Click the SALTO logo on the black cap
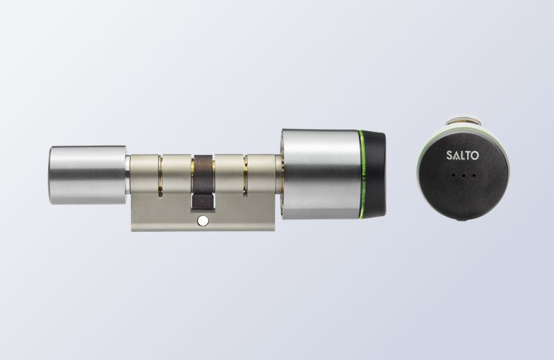463,156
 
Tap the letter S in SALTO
449,156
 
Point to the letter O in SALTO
475,156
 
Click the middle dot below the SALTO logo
463,175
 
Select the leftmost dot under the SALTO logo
453,175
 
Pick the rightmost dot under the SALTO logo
473,175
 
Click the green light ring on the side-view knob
363,174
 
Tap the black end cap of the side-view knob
376,174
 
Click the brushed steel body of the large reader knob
321,174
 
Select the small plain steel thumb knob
88,175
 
